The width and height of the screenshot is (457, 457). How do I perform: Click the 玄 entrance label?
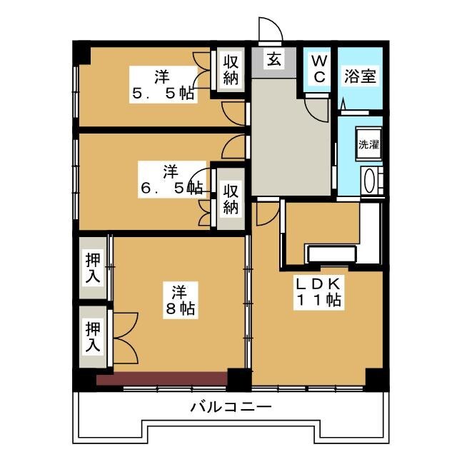273,59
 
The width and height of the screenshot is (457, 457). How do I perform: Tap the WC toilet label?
319,68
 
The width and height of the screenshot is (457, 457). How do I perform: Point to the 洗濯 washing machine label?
368,144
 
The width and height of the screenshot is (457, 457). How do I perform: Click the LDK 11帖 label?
318,291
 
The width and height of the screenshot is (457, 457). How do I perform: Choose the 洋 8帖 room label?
179,300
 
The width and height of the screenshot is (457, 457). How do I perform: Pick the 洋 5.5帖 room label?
162,84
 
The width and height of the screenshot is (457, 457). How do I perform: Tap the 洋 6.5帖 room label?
170,180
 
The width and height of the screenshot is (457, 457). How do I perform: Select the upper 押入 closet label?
93,267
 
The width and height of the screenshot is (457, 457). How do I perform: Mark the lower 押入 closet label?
93,337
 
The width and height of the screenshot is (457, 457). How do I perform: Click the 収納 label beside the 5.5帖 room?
230,69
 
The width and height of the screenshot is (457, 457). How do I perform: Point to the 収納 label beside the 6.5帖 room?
230,199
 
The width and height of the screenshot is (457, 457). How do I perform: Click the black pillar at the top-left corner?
82,52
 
